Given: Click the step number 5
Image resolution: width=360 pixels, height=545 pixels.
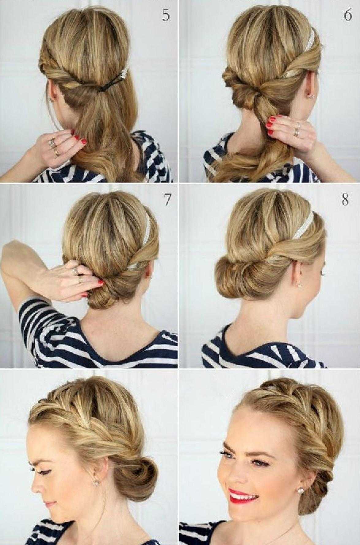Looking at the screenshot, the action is click(166, 15).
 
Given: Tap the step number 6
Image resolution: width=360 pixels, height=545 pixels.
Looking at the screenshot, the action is click(347, 15).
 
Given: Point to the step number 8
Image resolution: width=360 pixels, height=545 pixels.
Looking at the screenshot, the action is click(346, 200).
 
